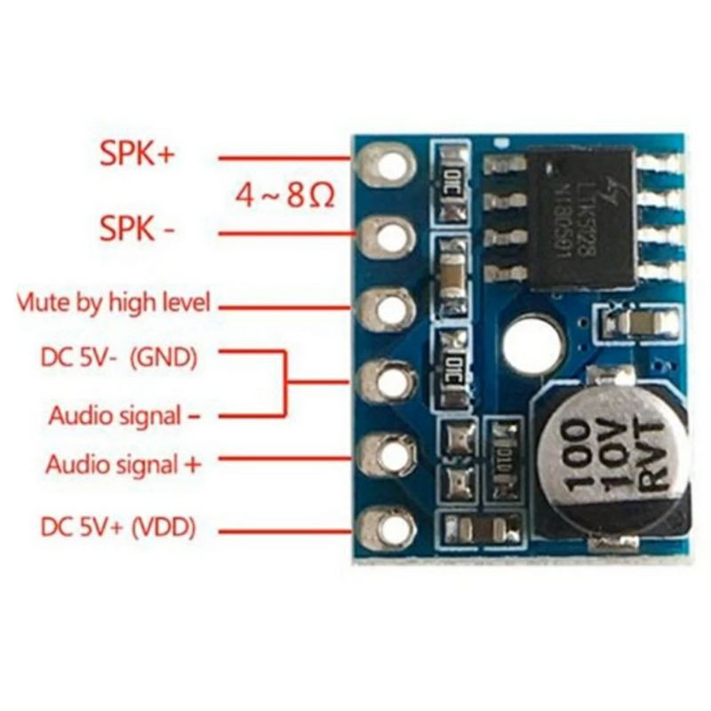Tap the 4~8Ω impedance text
point(284,195)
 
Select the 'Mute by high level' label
point(114,302)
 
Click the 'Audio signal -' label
point(124,414)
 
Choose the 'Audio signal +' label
point(124,463)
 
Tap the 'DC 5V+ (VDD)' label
point(118,527)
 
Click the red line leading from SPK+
point(284,159)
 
